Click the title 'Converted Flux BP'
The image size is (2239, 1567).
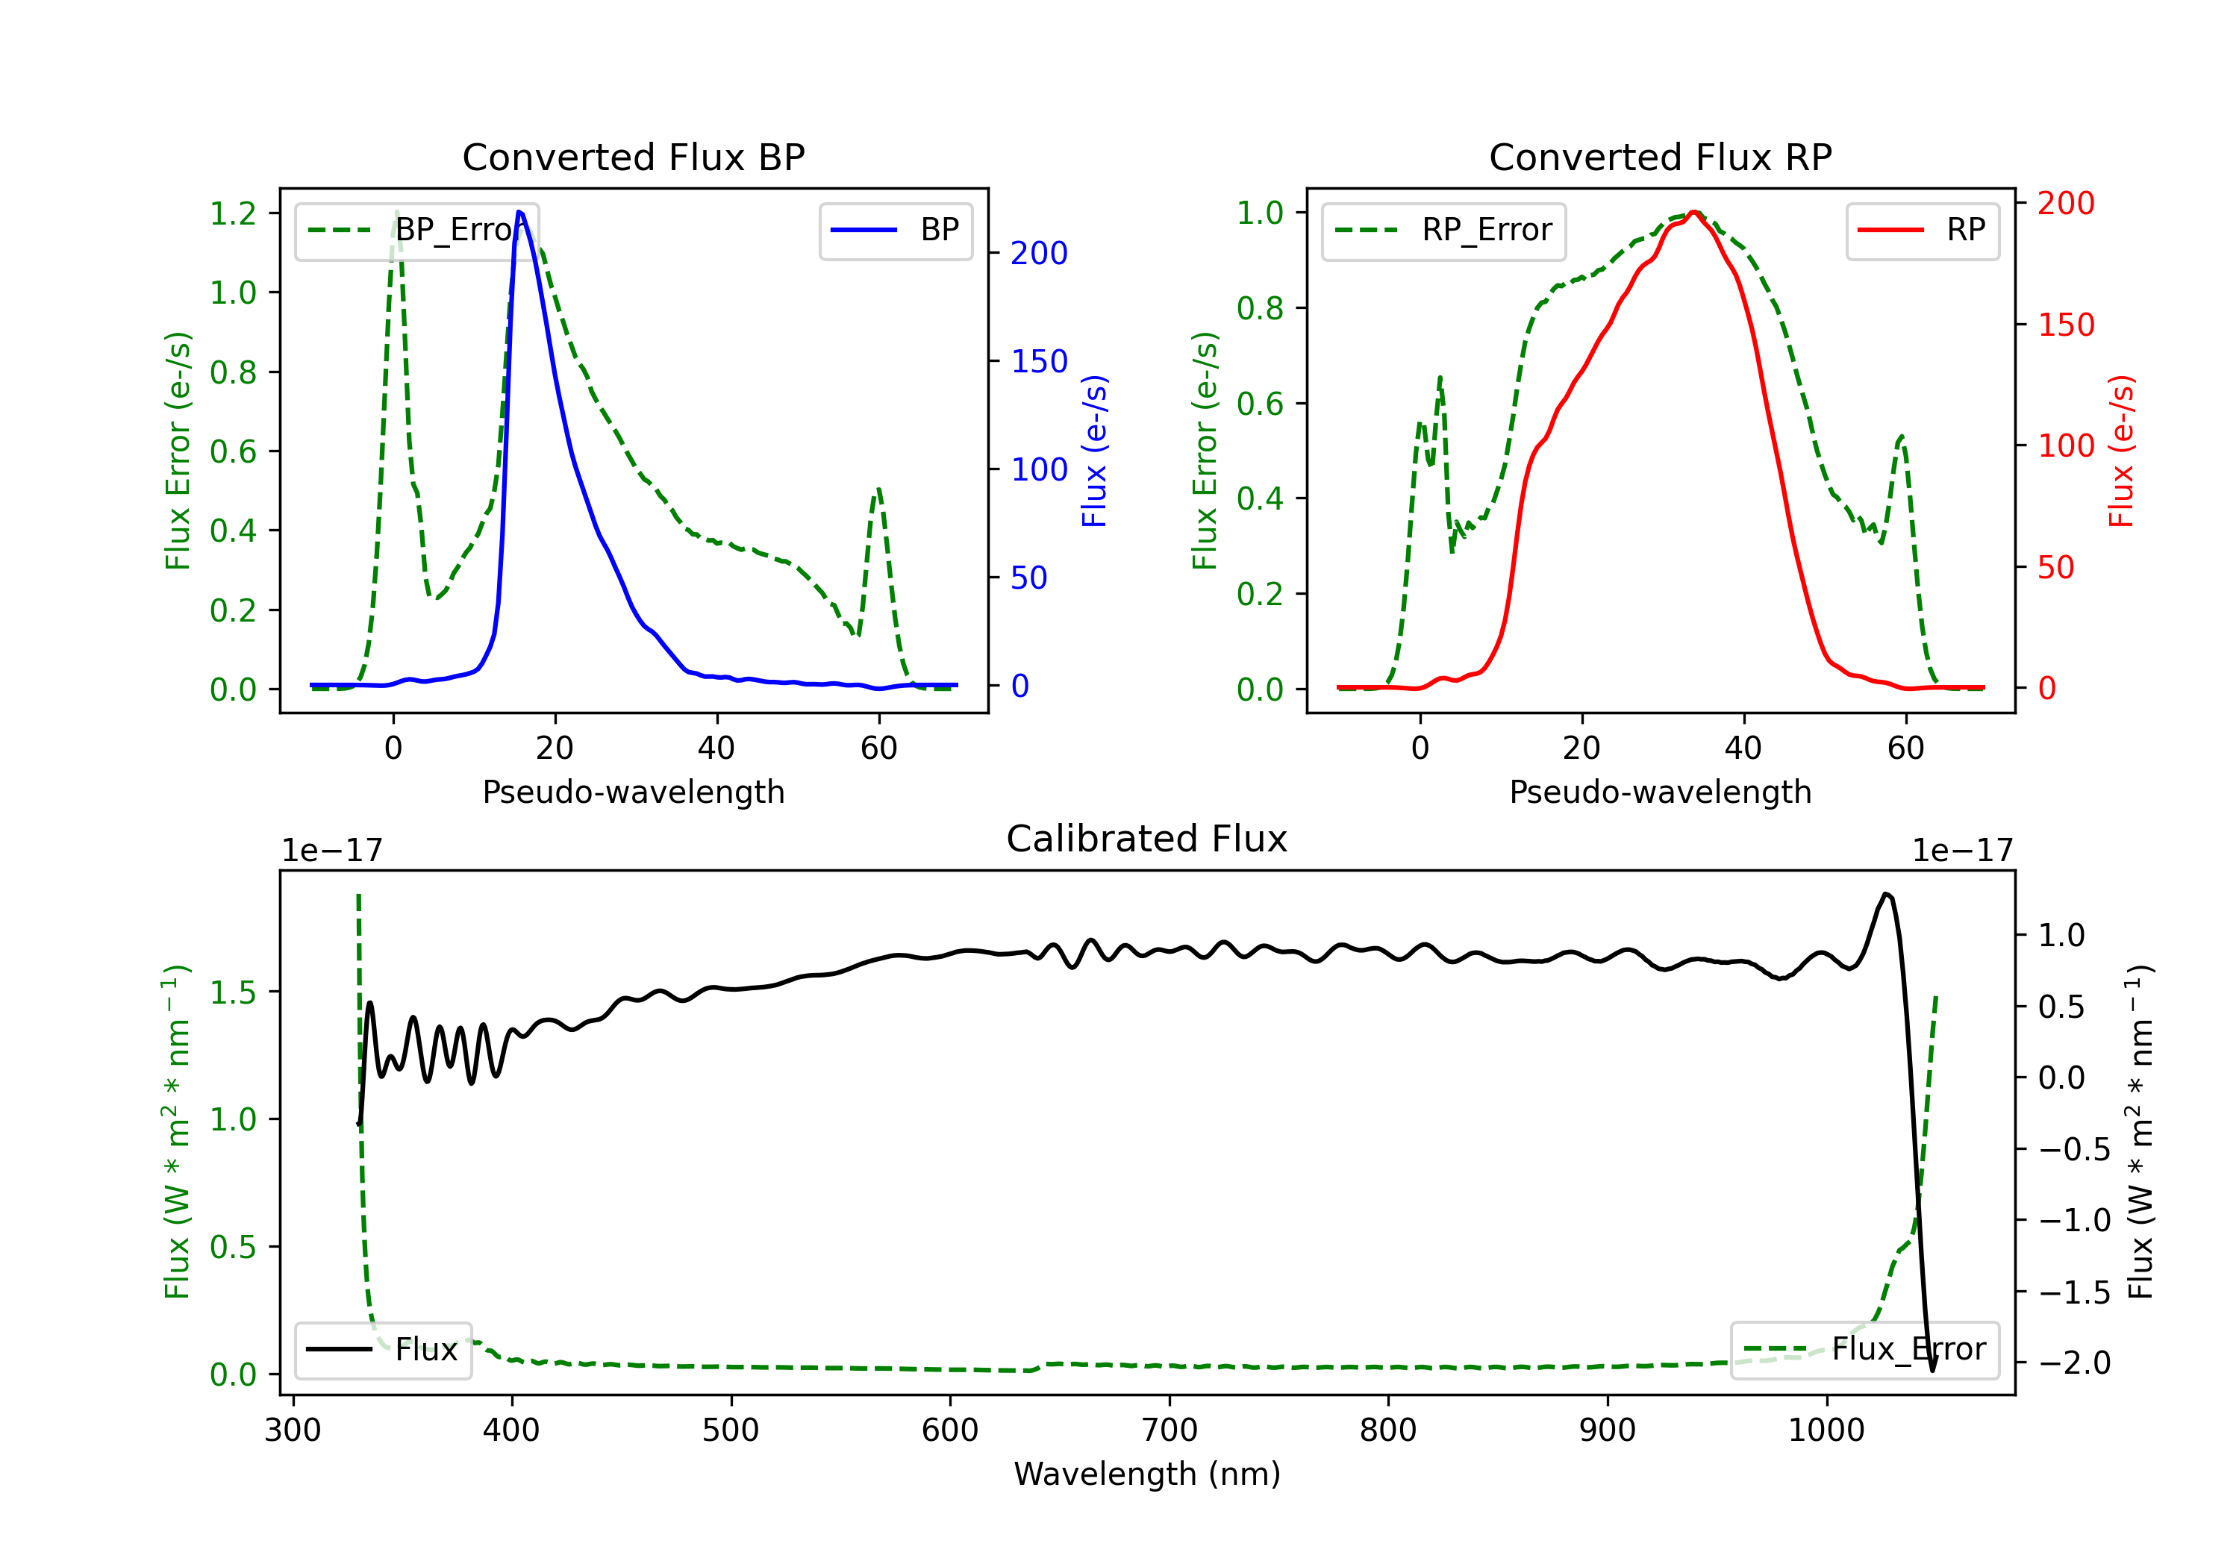[x=633, y=157]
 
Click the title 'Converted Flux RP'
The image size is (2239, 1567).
[x=1660, y=157]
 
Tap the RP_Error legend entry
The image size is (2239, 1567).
[x=1443, y=230]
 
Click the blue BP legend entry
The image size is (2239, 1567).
[x=895, y=230]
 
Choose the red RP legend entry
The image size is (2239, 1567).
[x=1922, y=230]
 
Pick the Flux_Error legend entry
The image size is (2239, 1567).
[x=1864, y=1350]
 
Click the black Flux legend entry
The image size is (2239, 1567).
[x=382, y=1350]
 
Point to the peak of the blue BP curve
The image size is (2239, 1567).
[x=519, y=212]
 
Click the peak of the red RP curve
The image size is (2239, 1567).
[x=1695, y=212]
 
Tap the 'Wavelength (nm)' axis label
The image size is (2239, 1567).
[x=1147, y=1474]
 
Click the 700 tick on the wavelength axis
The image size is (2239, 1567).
[x=1170, y=1430]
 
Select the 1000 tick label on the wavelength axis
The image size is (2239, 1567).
[x=1826, y=1430]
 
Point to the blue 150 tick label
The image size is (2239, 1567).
[x=1039, y=362]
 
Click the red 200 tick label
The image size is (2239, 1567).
[x=2065, y=203]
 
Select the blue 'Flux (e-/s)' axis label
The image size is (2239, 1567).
[x=1094, y=451]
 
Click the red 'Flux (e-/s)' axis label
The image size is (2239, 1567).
[x=2121, y=451]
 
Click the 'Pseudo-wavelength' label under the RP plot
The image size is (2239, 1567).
[x=1660, y=792]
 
